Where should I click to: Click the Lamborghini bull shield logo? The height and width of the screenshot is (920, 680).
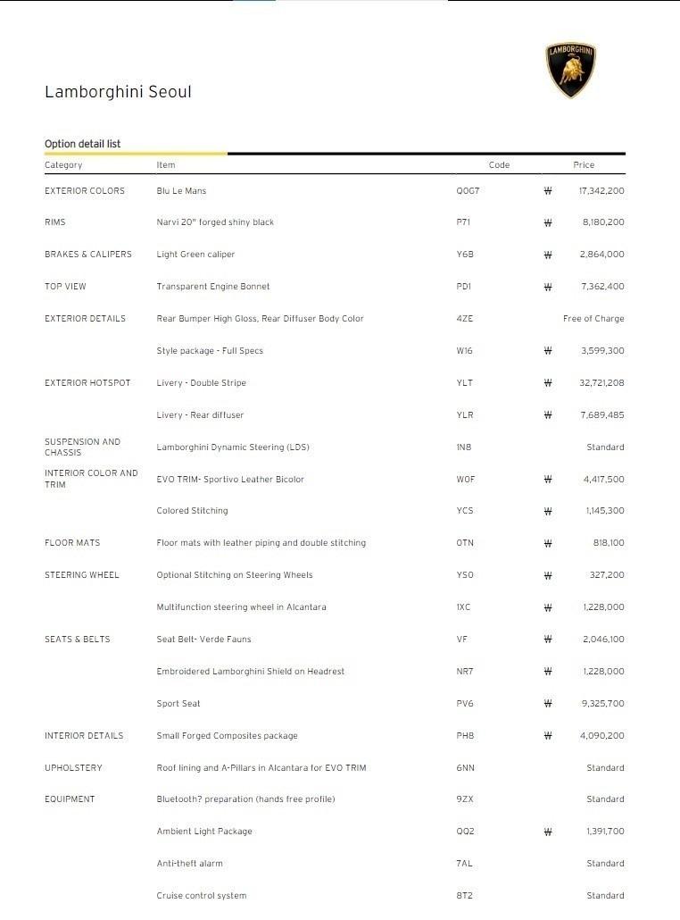[570, 71]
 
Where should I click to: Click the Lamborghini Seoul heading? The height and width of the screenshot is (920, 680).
[118, 92]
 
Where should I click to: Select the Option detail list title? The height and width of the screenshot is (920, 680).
[82, 144]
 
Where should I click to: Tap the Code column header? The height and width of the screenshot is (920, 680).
[499, 165]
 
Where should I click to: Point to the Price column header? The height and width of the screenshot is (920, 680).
[584, 165]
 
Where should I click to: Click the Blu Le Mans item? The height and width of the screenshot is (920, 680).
[181, 191]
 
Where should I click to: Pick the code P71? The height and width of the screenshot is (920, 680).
[463, 222]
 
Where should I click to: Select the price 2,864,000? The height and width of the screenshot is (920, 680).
[601, 255]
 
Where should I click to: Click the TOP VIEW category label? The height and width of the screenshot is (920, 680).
[65, 287]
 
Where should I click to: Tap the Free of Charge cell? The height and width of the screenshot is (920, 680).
[593, 319]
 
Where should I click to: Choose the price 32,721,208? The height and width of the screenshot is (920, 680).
[601, 383]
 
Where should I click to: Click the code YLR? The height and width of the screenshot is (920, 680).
[464, 415]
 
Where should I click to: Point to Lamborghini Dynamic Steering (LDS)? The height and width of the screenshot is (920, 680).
[233, 447]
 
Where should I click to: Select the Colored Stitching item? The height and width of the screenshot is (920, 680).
[192, 511]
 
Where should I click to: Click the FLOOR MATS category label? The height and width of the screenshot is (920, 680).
[72, 543]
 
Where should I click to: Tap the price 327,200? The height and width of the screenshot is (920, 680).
[607, 575]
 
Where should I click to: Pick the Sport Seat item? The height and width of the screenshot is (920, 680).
[178, 704]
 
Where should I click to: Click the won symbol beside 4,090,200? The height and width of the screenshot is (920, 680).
[548, 736]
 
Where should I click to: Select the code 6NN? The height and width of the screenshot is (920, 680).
[465, 768]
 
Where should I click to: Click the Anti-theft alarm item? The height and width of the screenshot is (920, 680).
[189, 864]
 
